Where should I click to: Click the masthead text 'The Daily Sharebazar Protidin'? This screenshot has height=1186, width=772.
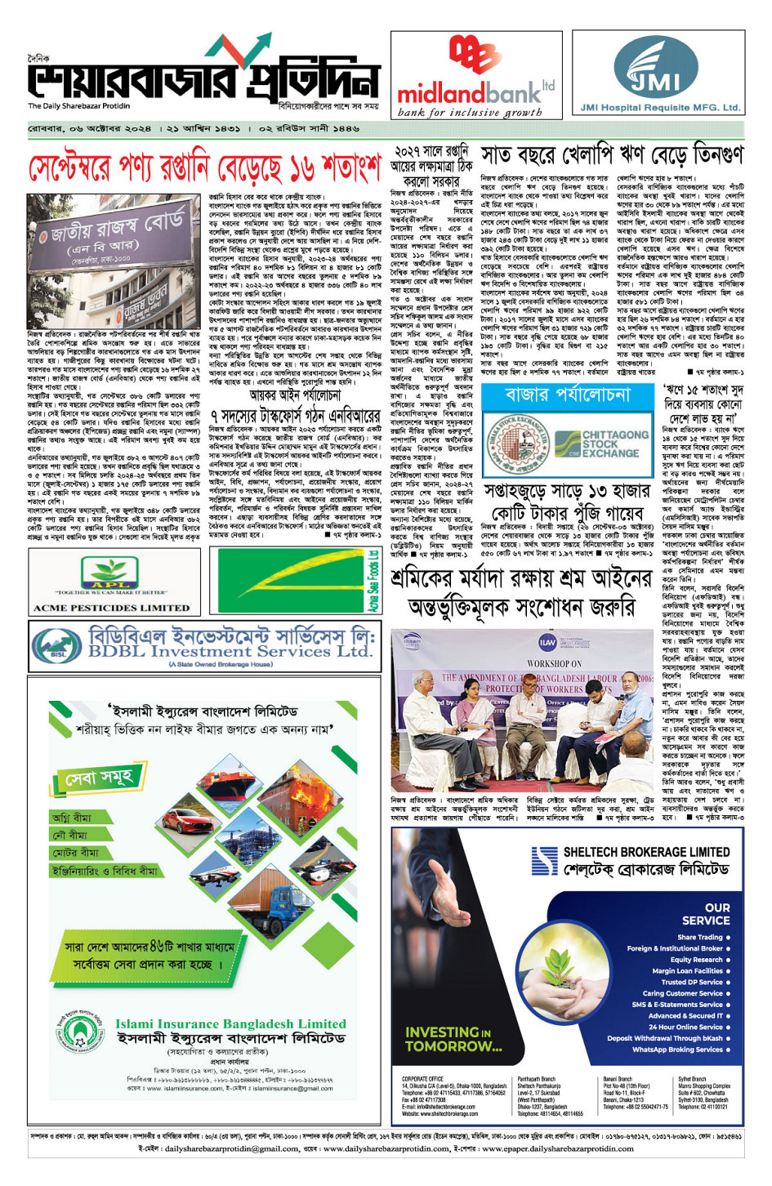point(78,106)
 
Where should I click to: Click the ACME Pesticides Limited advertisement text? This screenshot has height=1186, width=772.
point(111,608)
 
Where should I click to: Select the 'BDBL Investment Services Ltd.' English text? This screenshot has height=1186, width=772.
point(230,652)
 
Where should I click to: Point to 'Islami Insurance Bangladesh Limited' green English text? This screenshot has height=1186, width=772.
point(230,1023)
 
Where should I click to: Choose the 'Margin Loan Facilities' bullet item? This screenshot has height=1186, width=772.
point(687,970)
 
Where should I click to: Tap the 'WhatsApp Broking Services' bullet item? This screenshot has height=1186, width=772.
point(677,1050)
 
